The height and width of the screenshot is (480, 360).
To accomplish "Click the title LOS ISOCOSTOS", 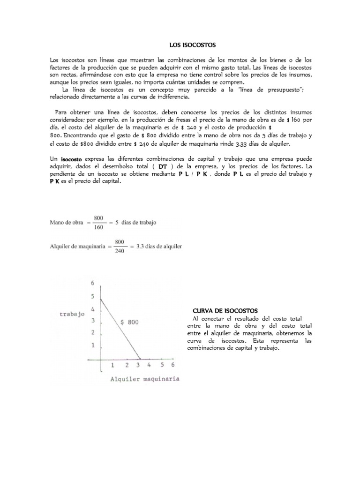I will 191,45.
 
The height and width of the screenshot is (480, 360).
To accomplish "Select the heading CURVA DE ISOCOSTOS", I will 225,311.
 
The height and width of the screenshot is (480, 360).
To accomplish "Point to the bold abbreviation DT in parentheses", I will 163,166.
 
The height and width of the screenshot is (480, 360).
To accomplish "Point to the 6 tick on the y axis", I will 93,284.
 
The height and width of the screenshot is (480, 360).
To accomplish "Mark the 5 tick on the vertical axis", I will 93,296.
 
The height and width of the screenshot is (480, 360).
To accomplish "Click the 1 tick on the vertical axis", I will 93,345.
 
